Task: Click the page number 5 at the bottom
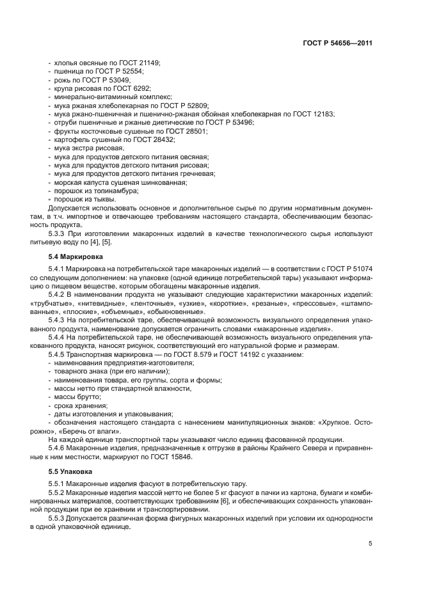click(371, 544)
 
